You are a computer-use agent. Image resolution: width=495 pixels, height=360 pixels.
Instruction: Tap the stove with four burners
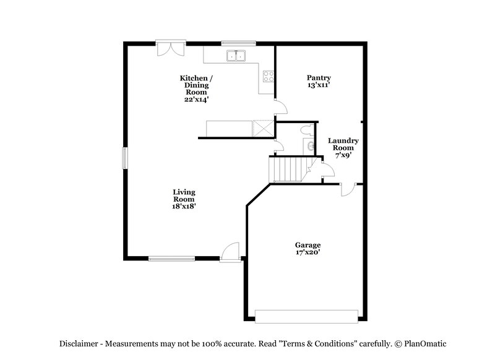(269, 77)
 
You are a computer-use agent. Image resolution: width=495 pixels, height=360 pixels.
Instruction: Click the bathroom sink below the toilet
(308, 145)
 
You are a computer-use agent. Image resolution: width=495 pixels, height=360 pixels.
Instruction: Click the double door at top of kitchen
(170, 48)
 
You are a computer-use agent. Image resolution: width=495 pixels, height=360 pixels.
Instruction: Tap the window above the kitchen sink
(238, 43)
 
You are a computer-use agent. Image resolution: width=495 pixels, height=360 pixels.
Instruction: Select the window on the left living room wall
(124, 158)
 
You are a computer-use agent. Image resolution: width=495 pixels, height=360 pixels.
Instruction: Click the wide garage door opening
(306, 315)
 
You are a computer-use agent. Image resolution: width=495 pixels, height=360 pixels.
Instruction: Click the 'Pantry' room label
(319, 77)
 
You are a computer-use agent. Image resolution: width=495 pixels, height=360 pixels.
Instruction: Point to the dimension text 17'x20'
(308, 252)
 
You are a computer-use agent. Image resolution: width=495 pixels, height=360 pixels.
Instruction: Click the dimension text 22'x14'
(197, 98)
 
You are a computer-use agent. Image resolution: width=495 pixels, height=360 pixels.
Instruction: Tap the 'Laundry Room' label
(343, 144)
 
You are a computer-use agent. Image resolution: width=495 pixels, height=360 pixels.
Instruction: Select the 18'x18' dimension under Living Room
(184, 207)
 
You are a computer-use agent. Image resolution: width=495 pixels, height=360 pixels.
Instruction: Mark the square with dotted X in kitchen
(262, 129)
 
